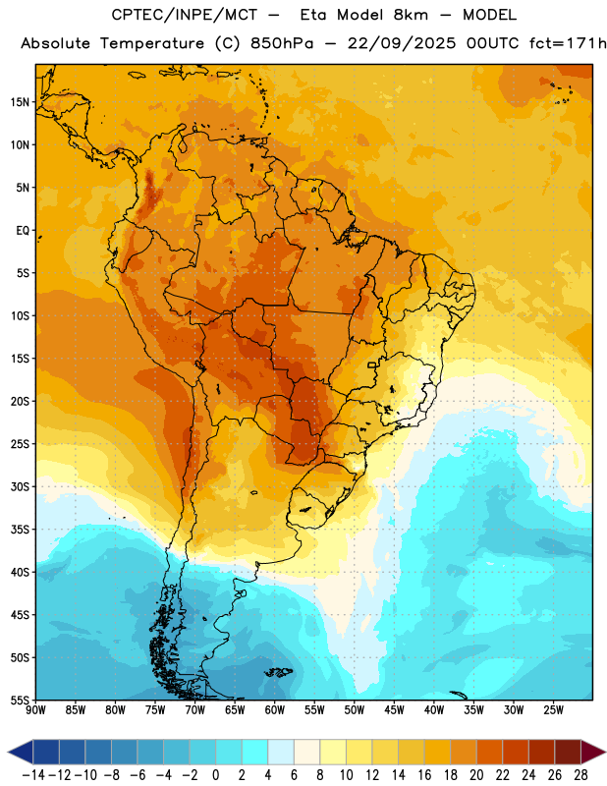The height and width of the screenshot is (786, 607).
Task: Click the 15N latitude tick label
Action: point(20,102)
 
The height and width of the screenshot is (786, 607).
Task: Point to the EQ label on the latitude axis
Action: point(23,231)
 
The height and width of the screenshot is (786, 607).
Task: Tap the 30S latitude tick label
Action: point(20,486)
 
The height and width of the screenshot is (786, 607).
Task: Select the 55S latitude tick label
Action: point(20,700)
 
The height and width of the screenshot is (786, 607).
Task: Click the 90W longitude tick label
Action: point(35,709)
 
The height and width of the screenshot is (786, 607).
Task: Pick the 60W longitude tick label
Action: point(275,709)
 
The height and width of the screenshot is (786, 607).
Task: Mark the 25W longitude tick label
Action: point(553,709)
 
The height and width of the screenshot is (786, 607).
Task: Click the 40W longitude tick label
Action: point(434,709)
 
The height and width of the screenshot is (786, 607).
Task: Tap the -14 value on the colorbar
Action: point(33,775)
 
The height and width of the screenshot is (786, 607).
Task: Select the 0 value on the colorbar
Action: point(216,775)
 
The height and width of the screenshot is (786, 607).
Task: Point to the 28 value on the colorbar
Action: point(580,775)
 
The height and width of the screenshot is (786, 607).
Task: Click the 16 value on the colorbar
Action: point(424,775)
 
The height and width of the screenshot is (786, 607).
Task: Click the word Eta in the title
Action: point(312,15)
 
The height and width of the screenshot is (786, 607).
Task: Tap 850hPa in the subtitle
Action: point(282,43)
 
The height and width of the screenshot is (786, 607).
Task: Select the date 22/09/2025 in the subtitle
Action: point(402,43)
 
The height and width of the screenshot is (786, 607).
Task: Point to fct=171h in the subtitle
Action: point(568,43)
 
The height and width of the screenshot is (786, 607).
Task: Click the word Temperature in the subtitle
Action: point(152,43)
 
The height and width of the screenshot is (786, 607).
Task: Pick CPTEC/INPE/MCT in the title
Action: point(184,15)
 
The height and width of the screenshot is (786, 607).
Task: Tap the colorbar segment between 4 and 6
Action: point(281,752)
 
